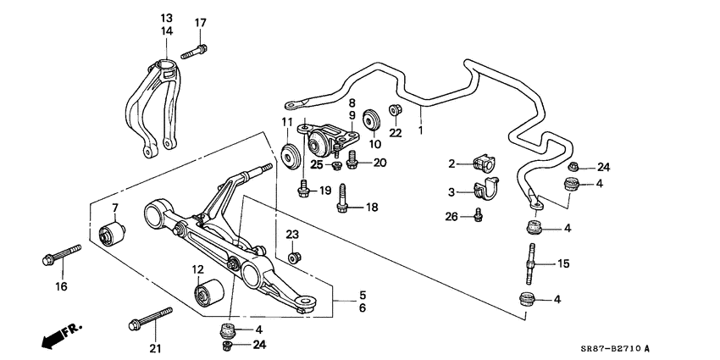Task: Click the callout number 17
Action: pos(200,23)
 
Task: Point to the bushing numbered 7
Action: pos(113,230)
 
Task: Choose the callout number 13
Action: pos(165,18)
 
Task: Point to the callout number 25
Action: pos(317,163)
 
